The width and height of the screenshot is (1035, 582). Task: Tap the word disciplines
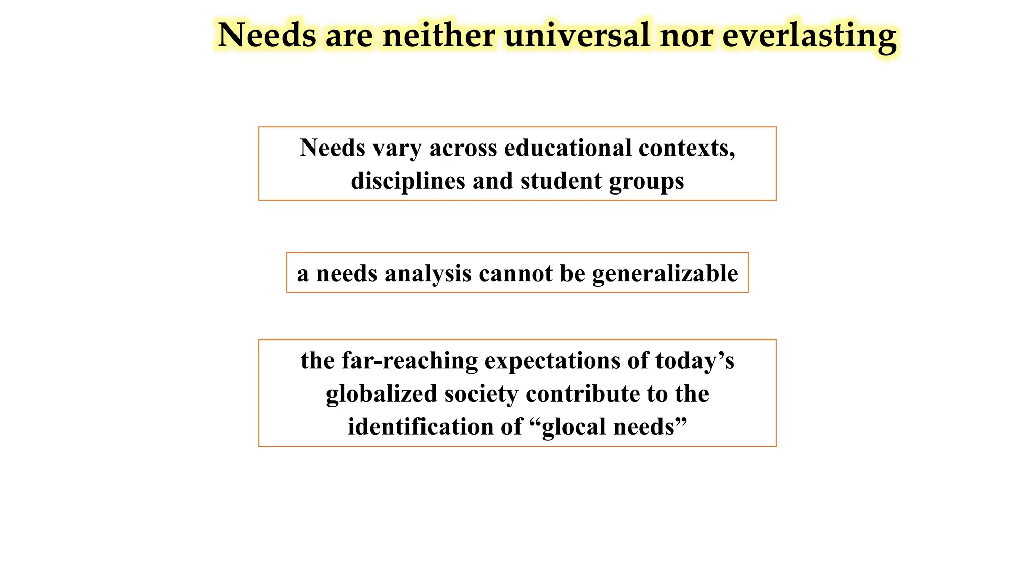tap(408, 181)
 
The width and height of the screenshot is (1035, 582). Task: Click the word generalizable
tap(665, 274)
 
